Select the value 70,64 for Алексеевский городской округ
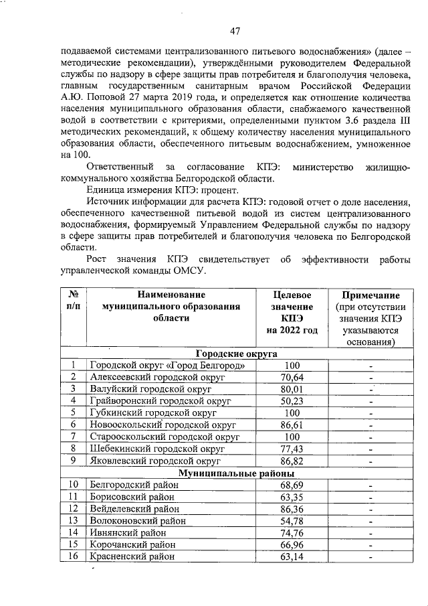[292, 377]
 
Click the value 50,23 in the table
[292, 400]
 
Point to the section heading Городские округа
[237, 354]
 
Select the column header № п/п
[74, 301]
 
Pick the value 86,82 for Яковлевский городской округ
[292, 461]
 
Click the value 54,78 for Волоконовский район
[292, 520]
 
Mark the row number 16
[74, 556]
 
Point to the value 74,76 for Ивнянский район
[292, 532]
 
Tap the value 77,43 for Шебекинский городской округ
[292, 449]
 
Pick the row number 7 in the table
[74, 437]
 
